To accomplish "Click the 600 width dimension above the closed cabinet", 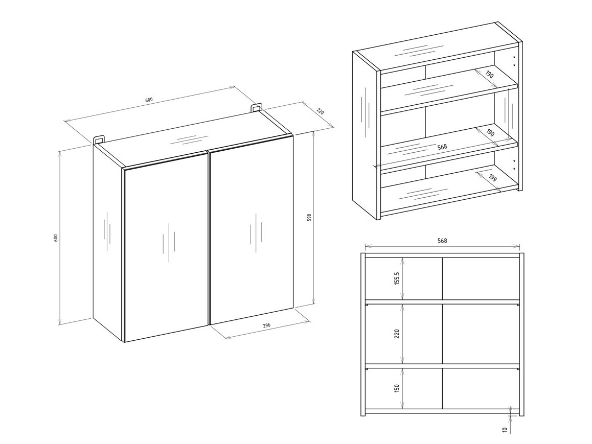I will coord(149,100).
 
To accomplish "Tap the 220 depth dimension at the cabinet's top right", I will coord(321,111).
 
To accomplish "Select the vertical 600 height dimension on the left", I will coord(56,238).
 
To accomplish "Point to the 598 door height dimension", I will coord(309,217).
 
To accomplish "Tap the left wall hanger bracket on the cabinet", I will coord(99,139).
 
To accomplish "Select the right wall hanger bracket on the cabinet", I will coord(256,107).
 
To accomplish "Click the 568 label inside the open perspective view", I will coord(442,147).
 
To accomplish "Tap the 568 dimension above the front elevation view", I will coord(443,241).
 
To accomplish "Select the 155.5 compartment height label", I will coord(397,278).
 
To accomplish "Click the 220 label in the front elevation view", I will coord(397,334).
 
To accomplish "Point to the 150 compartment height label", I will coord(397,388).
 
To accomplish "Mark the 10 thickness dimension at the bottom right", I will coord(505,430).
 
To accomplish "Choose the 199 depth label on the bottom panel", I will coord(492,179).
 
